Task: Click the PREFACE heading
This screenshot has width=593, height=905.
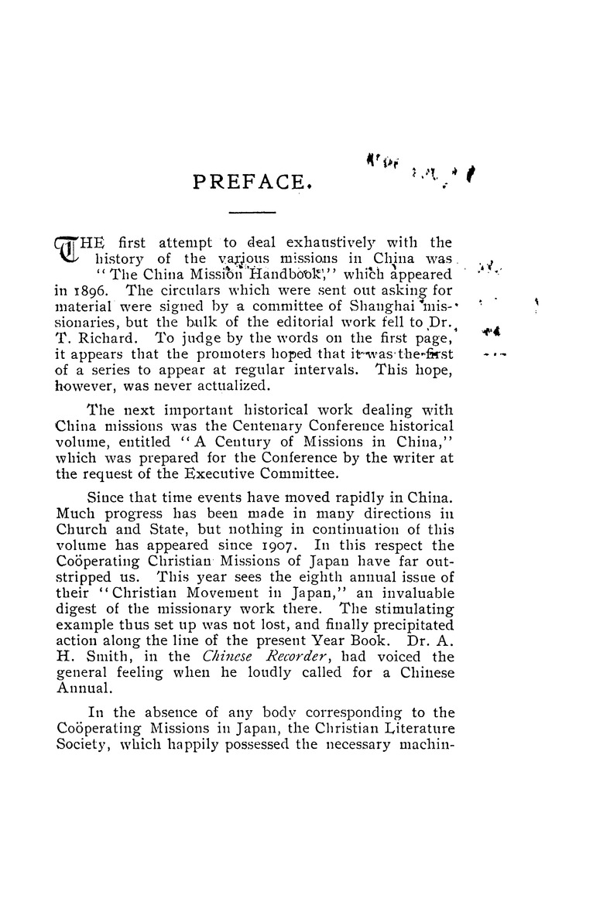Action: tap(252, 182)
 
